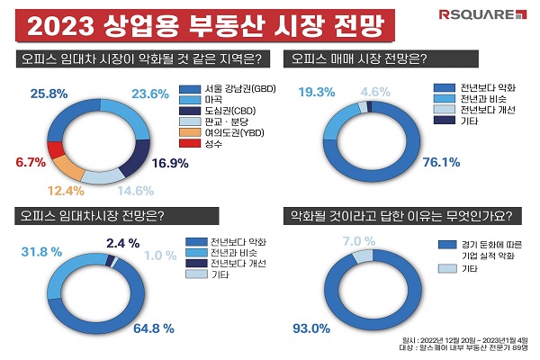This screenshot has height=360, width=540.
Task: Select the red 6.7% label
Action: [31, 163]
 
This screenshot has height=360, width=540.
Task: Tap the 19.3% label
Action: [316, 92]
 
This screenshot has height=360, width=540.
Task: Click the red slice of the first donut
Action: [56, 149]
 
